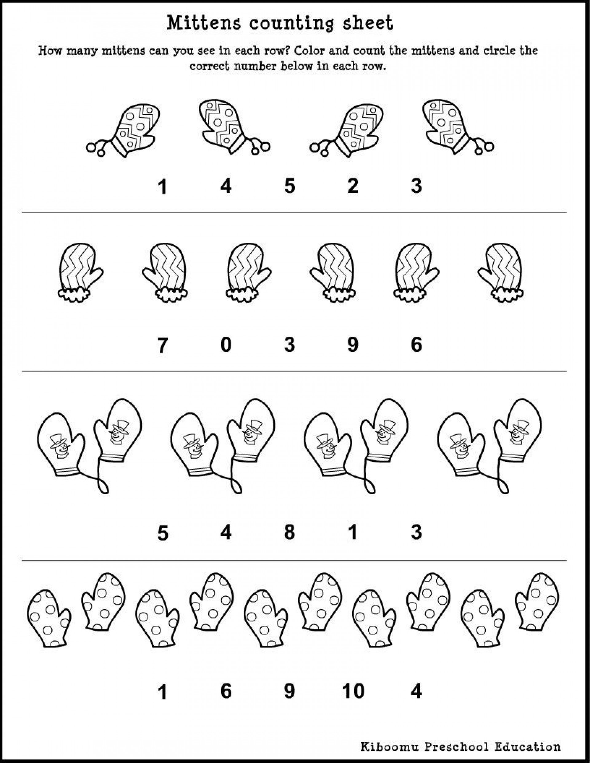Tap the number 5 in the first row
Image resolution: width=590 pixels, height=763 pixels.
[x=289, y=186]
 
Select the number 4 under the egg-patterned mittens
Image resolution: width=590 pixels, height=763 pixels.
[x=226, y=186]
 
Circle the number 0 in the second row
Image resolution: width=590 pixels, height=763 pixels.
[x=226, y=345]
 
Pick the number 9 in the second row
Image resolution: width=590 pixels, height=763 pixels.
[x=353, y=345]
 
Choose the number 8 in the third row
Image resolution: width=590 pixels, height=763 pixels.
[x=289, y=532]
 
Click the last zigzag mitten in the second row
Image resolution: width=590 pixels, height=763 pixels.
[x=502, y=272]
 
